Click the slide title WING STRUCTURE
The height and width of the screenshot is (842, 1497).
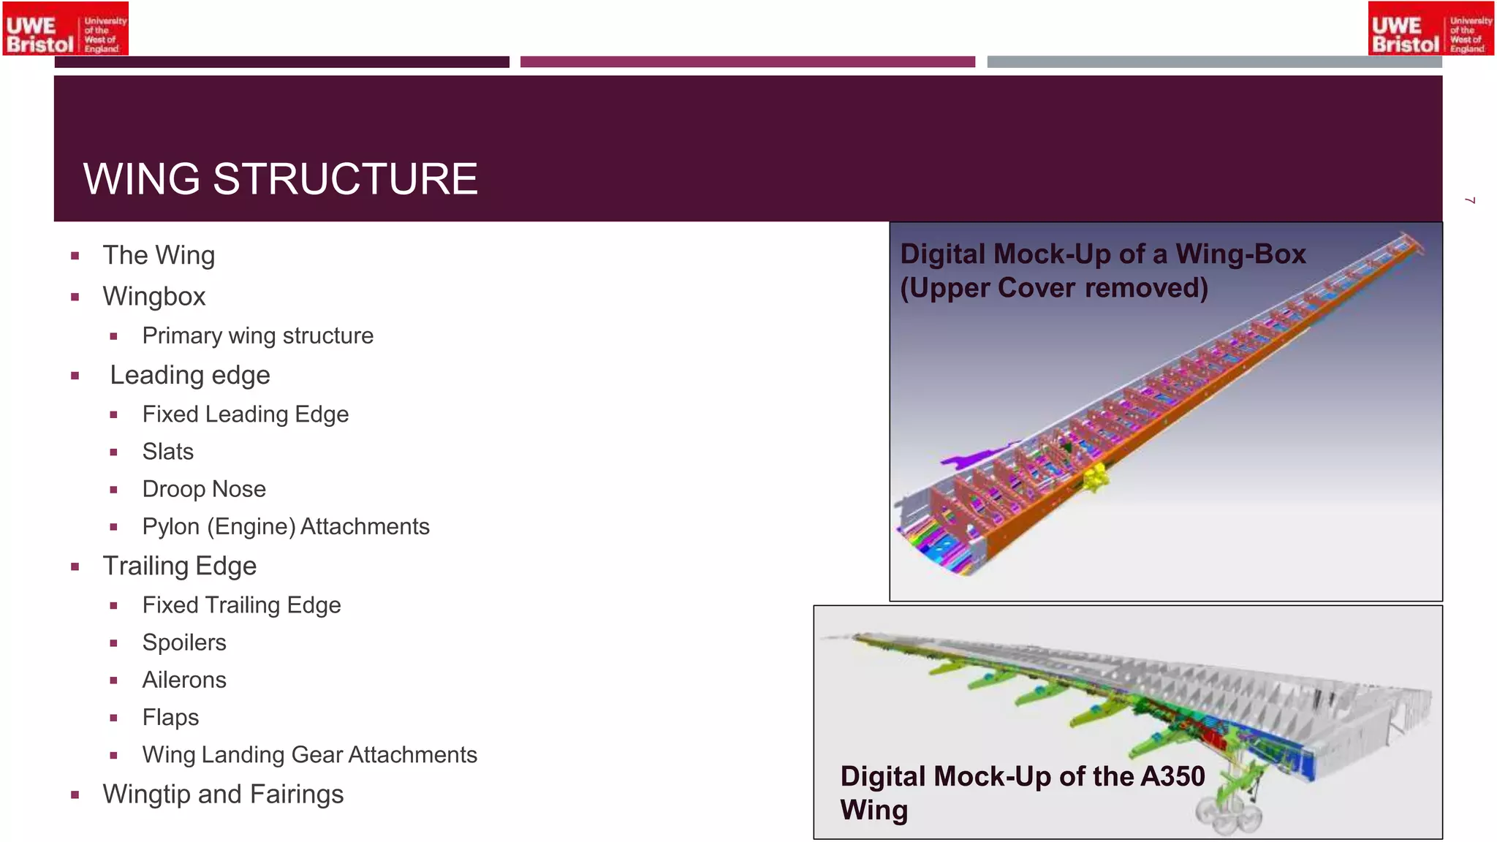[x=280, y=179]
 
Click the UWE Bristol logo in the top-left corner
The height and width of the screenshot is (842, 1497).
[x=66, y=29]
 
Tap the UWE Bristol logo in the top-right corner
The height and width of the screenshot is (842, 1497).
[x=1430, y=29]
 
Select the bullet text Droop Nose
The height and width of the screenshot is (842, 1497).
[x=204, y=489]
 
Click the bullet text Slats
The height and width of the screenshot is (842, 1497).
[x=168, y=452]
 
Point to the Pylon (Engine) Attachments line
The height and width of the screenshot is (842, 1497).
[x=286, y=526]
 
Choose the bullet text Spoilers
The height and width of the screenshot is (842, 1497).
[x=184, y=642]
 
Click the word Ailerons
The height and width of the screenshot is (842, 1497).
[x=184, y=680]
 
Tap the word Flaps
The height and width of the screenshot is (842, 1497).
[x=170, y=717]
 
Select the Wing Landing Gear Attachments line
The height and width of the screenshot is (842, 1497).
[x=309, y=754]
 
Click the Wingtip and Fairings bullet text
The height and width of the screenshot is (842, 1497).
[x=223, y=794]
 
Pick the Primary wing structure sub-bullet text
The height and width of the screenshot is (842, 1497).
[x=257, y=335]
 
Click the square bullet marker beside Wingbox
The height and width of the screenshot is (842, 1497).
[x=75, y=297]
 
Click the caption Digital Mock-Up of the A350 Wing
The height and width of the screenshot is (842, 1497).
[x=1022, y=793]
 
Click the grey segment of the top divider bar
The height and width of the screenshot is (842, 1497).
[x=1214, y=62]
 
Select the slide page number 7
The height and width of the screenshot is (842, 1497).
[x=1471, y=200]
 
